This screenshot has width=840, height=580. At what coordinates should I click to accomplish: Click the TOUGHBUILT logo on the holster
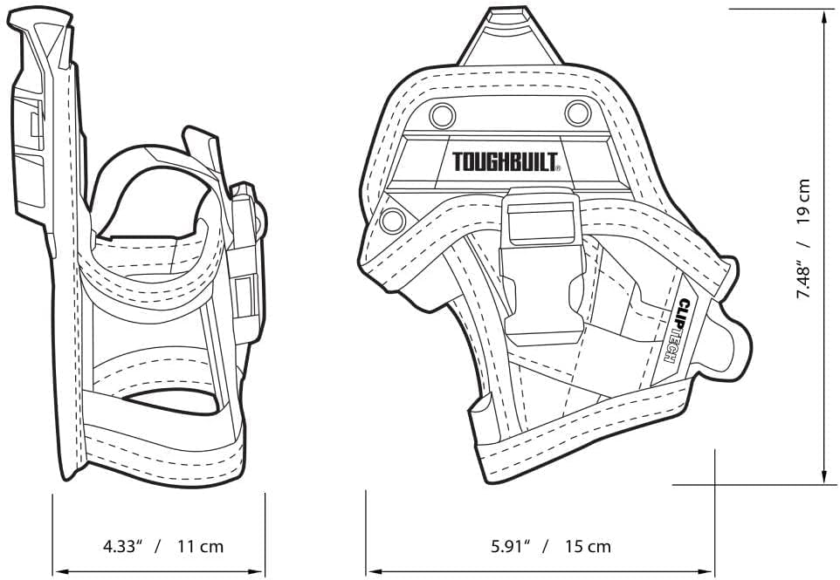506,162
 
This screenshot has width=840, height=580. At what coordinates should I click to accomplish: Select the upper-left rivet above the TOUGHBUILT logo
442,113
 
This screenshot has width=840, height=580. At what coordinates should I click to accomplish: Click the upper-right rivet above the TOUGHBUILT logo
577,112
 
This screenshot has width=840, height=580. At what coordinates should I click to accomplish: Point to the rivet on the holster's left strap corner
392,220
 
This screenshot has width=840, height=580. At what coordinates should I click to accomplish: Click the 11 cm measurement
200,547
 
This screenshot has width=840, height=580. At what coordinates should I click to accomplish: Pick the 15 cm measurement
587,547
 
